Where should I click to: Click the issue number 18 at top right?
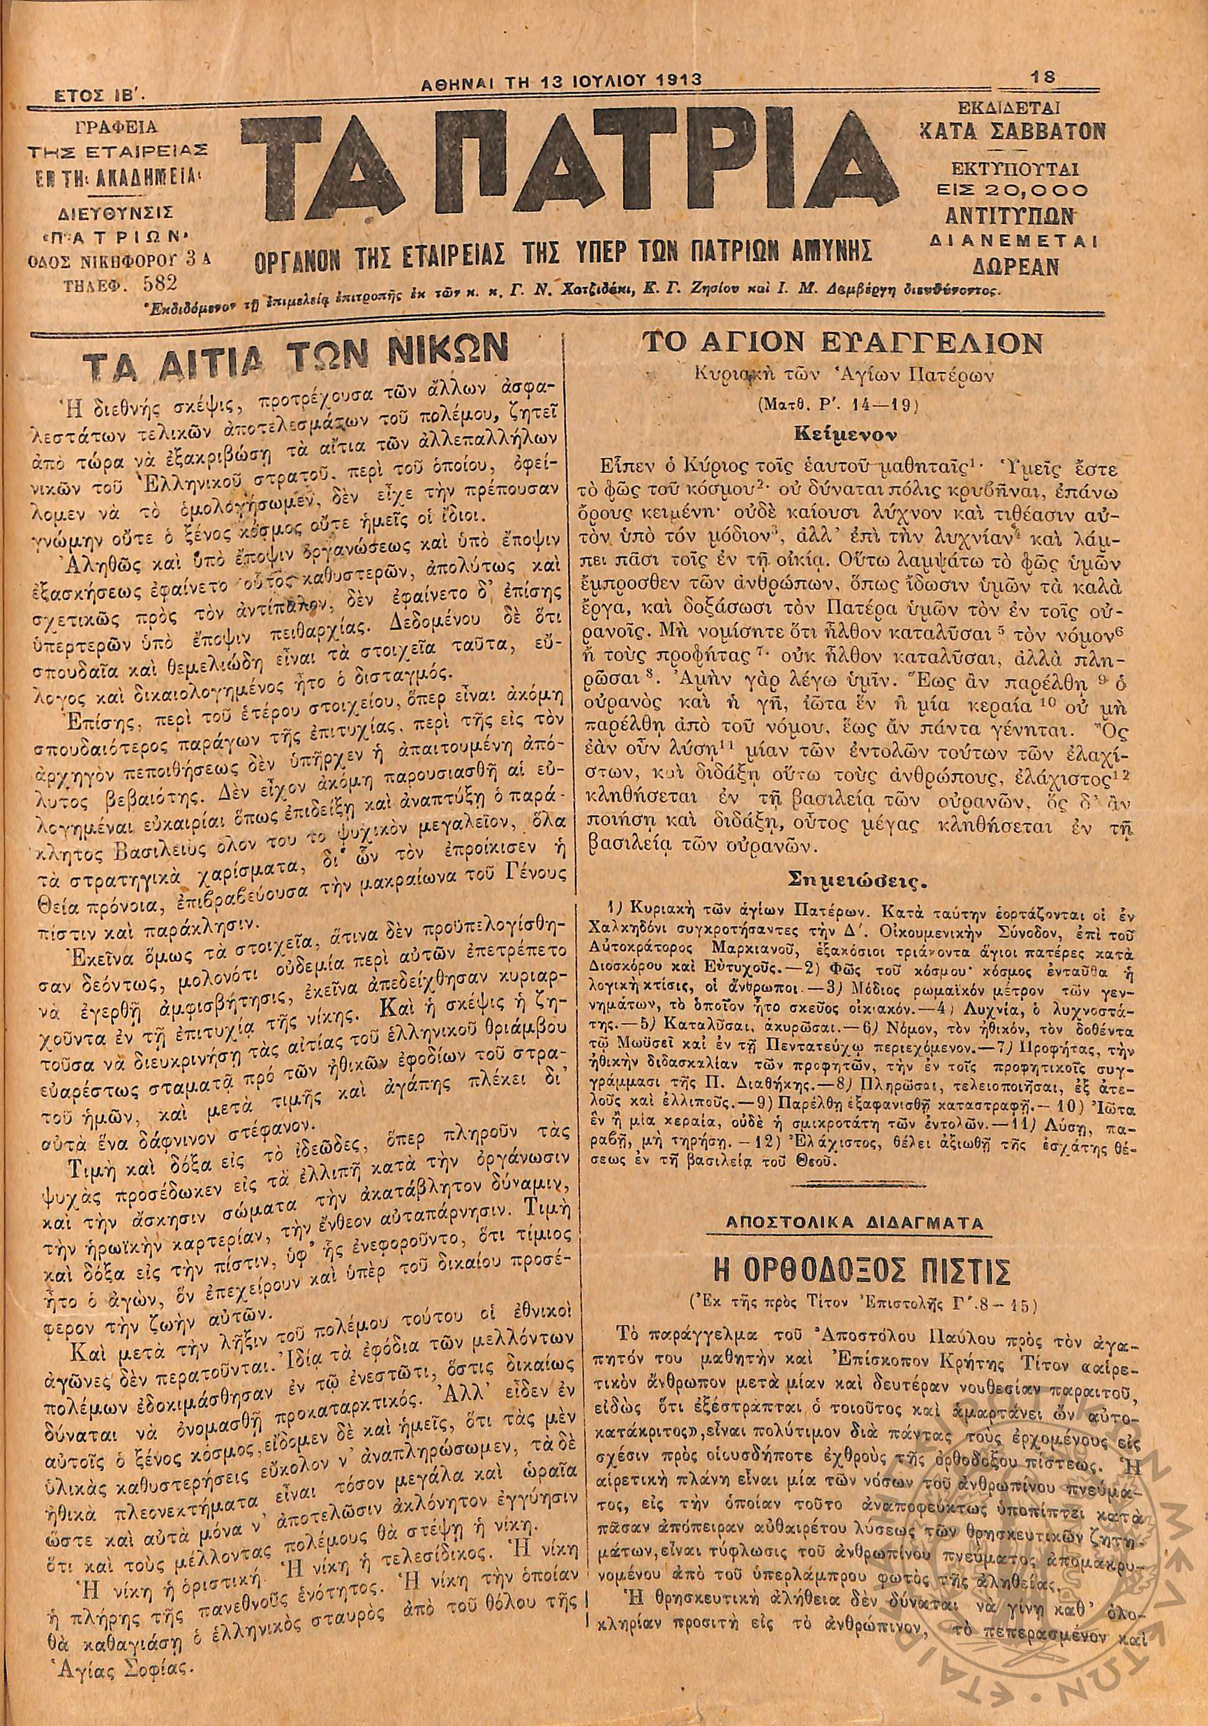pyautogui.click(x=1043, y=76)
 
